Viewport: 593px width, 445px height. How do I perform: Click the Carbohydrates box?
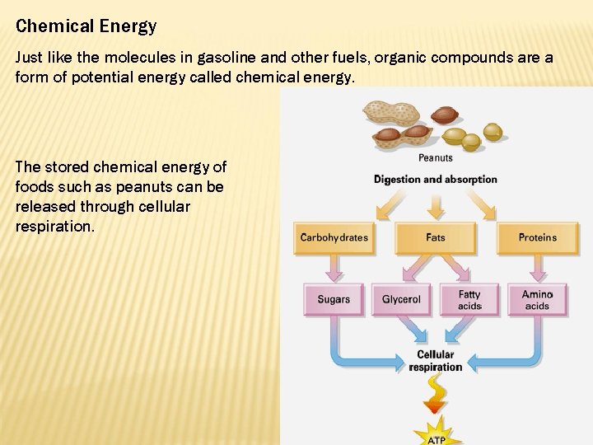(x=334, y=237)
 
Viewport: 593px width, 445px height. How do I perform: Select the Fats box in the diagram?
(x=435, y=237)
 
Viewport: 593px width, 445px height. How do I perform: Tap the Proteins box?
(x=537, y=237)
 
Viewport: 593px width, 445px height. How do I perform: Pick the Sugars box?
(x=334, y=300)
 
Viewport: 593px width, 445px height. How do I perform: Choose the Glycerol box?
(x=401, y=300)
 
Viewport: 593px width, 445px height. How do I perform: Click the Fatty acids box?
(x=469, y=300)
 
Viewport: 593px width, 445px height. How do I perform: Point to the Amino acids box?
(x=537, y=300)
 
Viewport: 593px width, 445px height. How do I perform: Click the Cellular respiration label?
(x=436, y=361)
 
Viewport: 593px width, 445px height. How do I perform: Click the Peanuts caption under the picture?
(x=435, y=158)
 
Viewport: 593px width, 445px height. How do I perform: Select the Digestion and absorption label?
(x=435, y=179)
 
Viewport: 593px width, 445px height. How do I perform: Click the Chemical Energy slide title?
(x=86, y=26)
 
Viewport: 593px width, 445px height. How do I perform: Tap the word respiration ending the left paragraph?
(x=53, y=226)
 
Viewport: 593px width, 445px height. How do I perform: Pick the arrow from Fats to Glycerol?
(x=416, y=269)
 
